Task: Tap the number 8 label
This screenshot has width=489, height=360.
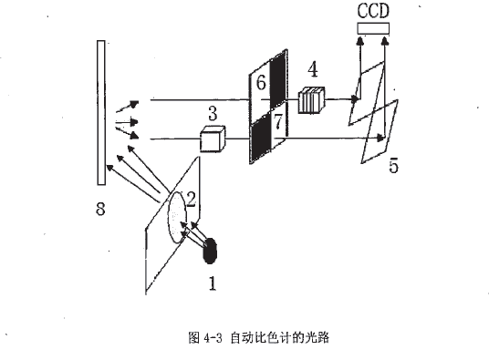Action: (100, 209)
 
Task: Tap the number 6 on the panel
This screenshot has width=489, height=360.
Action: (261, 83)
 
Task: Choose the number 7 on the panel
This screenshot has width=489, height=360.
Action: (279, 121)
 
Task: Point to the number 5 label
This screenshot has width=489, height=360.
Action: (392, 166)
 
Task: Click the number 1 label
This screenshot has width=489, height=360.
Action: (212, 283)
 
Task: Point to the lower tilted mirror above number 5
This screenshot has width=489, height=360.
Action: (378, 131)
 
